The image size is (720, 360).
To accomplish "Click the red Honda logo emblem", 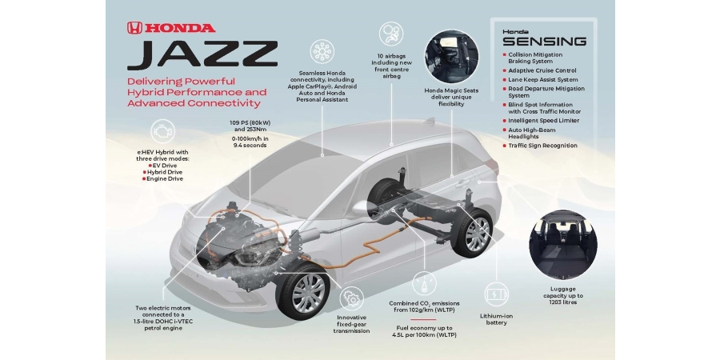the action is click(x=134, y=27).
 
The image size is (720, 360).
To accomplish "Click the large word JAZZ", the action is click(x=202, y=55).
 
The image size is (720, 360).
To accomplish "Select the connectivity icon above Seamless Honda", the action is click(x=322, y=51).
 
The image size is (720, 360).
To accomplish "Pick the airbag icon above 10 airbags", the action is click(x=390, y=34).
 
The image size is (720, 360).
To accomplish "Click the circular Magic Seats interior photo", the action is click(x=451, y=57).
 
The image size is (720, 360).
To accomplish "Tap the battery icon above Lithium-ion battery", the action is click(x=497, y=294).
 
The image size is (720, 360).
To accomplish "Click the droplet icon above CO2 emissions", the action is click(x=424, y=282).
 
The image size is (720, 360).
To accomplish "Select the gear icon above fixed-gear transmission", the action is click(x=352, y=298).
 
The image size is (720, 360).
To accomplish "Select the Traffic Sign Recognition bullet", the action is click(x=541, y=146).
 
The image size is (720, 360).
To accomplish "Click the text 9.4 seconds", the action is click(x=248, y=145).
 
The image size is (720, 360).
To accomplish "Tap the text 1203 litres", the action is click(x=563, y=302).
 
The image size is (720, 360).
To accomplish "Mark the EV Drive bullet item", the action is click(x=162, y=166).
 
